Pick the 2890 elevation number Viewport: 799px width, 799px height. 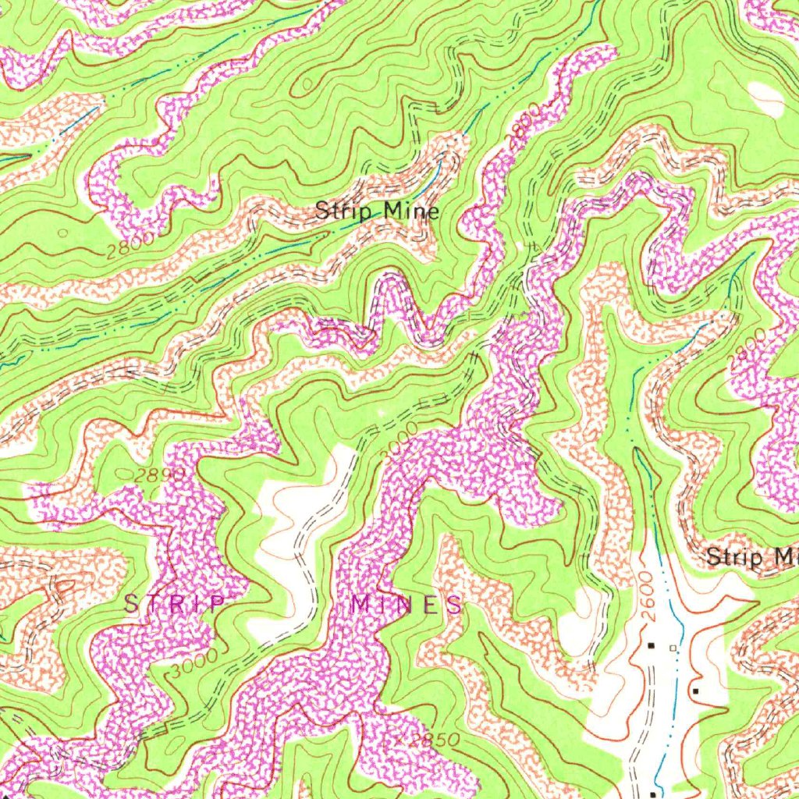click(159, 475)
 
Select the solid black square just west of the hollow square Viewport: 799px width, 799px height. click(652, 645)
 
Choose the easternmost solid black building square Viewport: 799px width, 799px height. click(695, 691)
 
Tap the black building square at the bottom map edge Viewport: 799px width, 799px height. click(652, 794)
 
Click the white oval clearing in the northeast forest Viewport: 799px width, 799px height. click(766, 99)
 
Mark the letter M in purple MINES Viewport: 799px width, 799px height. click(361, 604)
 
